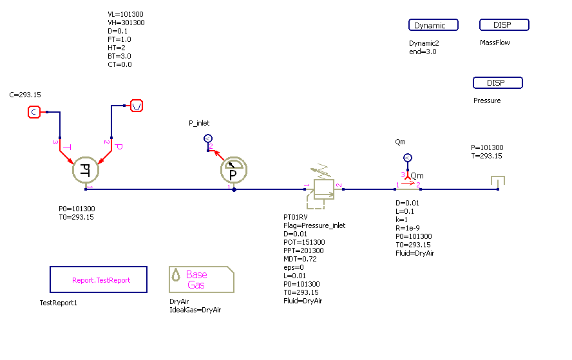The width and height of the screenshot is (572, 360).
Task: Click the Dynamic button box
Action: tap(433, 25)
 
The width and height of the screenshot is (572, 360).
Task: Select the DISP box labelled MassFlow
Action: tap(504, 25)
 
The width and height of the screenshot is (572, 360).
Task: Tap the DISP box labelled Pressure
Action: tap(497, 83)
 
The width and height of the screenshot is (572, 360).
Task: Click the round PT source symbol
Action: tap(85, 170)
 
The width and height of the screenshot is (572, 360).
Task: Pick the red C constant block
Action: tap(34, 112)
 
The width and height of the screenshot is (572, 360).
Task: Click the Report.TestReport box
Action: tap(99, 280)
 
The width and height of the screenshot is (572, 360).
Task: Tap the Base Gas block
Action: tap(201, 279)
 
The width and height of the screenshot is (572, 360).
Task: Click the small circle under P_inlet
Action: tap(208, 138)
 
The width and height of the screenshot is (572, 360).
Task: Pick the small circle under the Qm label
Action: tap(407, 158)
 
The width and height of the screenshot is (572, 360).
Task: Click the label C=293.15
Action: tap(25, 95)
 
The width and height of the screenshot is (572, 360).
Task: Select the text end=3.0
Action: tap(423, 52)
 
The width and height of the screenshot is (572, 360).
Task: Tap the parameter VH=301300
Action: tap(126, 23)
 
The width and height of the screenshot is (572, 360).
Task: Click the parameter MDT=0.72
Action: tap(301, 259)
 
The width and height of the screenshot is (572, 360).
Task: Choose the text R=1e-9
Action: tap(407, 228)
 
